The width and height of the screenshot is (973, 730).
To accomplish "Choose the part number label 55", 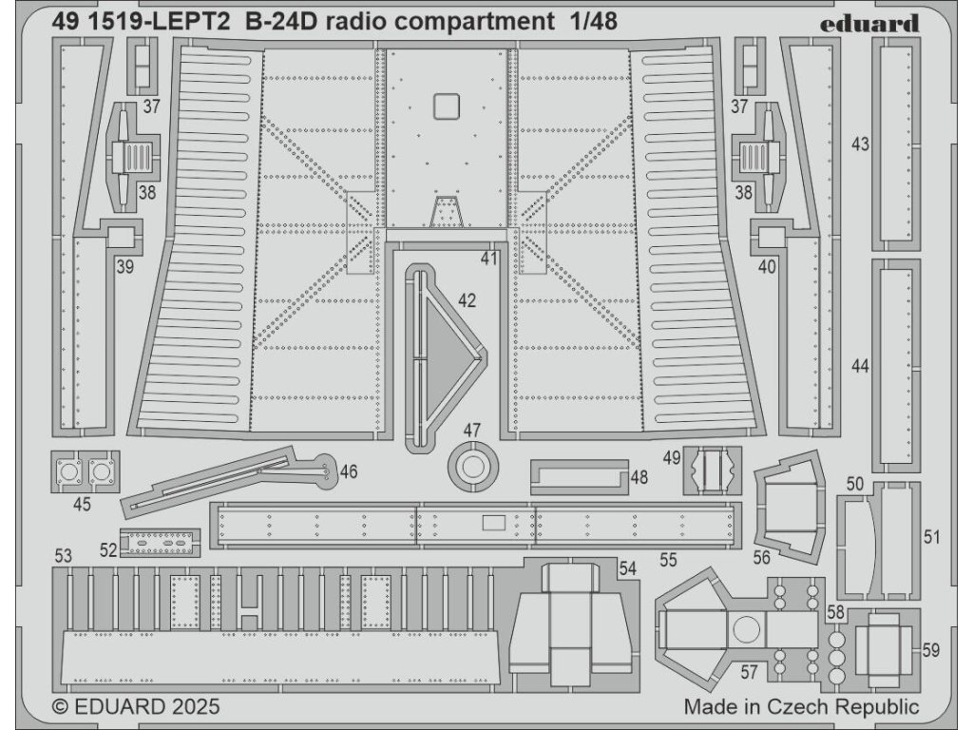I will [668, 560].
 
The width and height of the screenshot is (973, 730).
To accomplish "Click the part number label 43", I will [861, 144].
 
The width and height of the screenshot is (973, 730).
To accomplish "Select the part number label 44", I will [861, 367].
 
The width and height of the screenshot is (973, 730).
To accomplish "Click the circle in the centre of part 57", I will [746, 628].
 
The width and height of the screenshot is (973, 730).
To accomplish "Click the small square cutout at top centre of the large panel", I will [446, 106].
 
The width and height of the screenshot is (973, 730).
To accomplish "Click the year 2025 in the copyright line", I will [196, 707].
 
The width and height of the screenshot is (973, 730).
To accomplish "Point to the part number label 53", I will [64, 555].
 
